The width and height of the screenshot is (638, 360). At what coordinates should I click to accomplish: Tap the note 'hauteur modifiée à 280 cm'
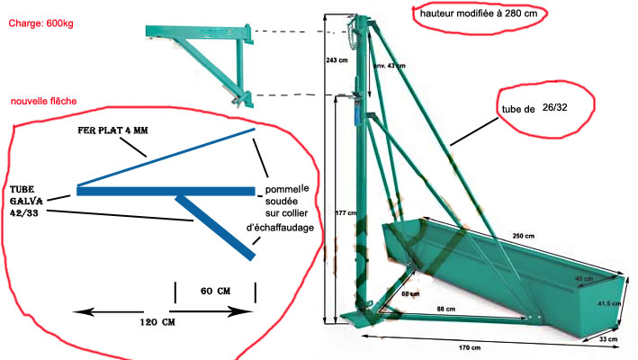(480, 14)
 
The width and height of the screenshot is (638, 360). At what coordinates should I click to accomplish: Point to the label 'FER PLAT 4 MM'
(112, 131)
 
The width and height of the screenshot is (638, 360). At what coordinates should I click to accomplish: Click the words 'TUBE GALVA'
(26, 196)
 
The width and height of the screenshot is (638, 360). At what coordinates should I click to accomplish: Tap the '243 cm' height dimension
(336, 60)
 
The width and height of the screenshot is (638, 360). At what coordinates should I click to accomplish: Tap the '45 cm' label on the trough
(584, 278)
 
